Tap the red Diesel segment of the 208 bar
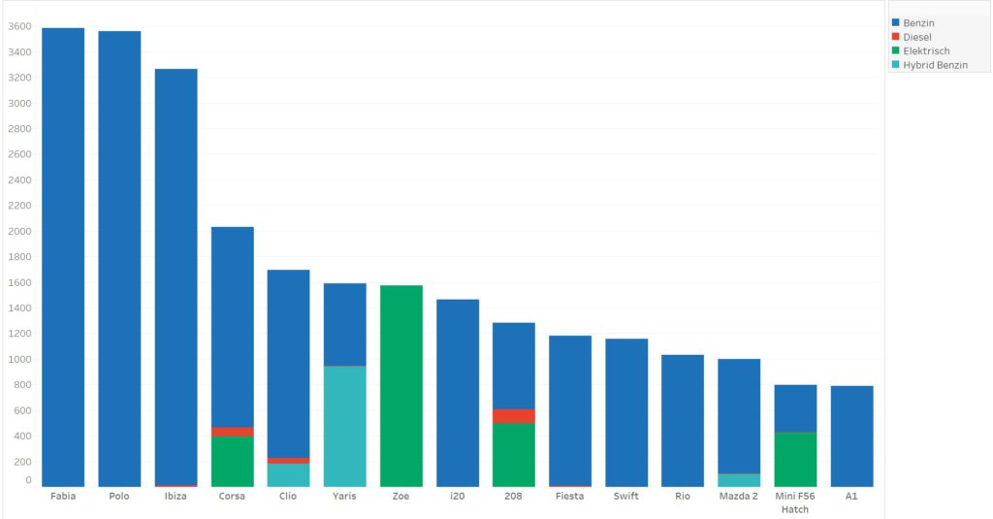click(513, 416)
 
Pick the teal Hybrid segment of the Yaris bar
click(344, 426)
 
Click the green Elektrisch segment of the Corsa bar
click(232, 461)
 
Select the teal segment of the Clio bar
click(288, 474)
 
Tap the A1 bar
click(851, 436)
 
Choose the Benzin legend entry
click(917, 22)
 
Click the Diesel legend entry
click(916, 37)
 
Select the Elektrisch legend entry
click(925, 50)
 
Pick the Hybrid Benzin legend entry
click(934, 65)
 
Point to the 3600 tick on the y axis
click(20, 27)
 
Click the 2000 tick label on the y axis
click(20, 232)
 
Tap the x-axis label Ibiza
click(176, 497)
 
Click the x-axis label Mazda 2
click(739, 497)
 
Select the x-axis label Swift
click(625, 497)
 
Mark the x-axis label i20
click(457, 497)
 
